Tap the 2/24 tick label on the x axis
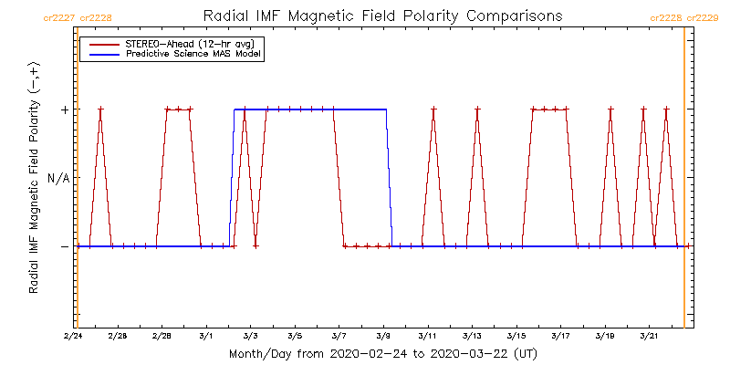[73, 337]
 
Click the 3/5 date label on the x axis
[295, 337]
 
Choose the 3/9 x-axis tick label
[383, 337]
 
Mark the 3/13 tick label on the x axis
[473, 337]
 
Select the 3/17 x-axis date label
[561, 337]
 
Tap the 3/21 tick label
[650, 337]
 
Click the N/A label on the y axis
[57, 178]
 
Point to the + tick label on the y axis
[64, 109]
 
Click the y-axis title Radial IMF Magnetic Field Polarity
[35, 178]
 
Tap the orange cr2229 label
[703, 17]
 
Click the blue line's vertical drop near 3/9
[390, 178]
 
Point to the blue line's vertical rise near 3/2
[232, 178]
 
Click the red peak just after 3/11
[433, 110]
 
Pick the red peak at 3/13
[477, 110]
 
